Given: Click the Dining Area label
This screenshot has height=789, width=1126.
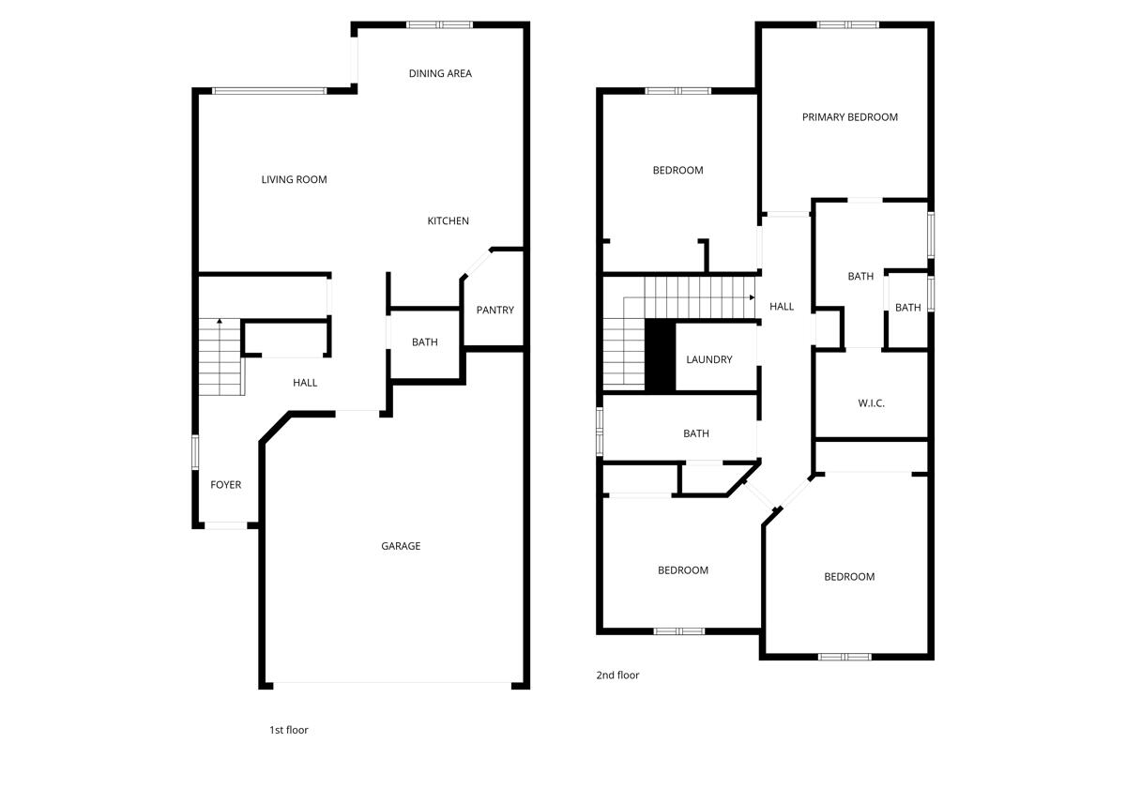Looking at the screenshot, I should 440,73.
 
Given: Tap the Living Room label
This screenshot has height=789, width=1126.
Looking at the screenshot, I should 294,179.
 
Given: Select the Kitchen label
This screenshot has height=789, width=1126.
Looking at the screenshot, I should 448,220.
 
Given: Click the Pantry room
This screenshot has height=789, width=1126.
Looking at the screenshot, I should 495,311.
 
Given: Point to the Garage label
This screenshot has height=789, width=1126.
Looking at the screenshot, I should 401,546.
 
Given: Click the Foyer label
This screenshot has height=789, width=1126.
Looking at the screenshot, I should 225,485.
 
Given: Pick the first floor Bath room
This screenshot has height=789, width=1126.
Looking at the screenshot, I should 425,342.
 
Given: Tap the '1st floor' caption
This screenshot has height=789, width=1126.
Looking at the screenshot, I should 289,730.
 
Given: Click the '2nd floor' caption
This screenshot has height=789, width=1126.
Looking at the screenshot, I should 617,675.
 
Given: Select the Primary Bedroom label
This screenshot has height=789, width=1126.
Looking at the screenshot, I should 850,117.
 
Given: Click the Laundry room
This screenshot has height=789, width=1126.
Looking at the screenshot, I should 708,359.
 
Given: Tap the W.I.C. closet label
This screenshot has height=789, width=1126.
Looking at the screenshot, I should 871,403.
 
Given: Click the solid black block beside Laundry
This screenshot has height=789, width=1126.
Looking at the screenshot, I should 660,357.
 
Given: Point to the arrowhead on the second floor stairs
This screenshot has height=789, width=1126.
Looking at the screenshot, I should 752,297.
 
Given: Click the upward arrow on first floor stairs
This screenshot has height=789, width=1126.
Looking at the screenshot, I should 219,322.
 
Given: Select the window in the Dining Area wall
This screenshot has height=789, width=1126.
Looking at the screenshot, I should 439,25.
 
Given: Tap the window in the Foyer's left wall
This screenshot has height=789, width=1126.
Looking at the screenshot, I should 195,451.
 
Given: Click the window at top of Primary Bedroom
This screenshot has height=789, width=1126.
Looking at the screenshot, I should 847,24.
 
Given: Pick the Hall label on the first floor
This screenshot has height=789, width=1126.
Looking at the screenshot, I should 305,383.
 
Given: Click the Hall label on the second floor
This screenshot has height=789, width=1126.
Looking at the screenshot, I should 782,307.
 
